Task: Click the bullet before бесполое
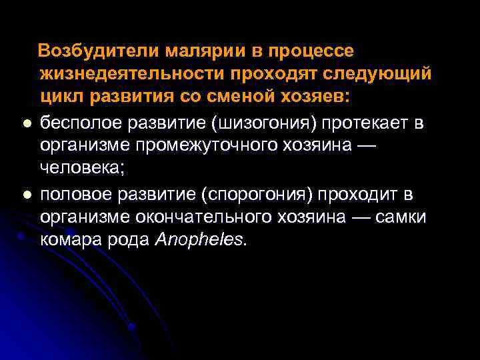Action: (x=25, y=124)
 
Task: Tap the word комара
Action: (x=72, y=240)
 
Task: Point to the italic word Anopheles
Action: (x=199, y=240)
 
